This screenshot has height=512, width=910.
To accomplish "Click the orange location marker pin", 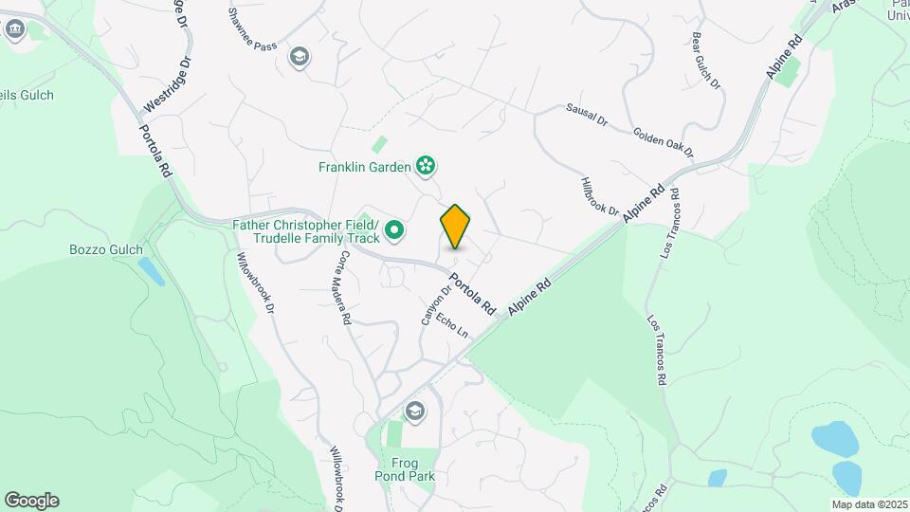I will coord(455,227).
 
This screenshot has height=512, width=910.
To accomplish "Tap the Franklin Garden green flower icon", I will coord(427,167).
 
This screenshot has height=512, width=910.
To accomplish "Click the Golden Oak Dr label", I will coord(664,143).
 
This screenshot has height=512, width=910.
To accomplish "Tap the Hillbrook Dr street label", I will coord(600,195).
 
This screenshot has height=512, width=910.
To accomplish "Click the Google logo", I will coord(31,501).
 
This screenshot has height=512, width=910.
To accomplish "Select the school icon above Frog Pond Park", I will coord(414,411).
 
